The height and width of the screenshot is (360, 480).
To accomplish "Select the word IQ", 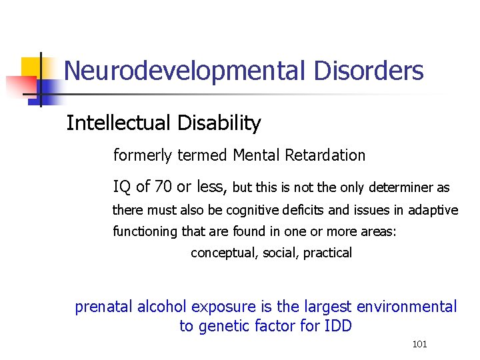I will pyautogui.click(x=122, y=187).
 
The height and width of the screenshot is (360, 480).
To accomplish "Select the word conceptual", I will pyautogui.click(x=221, y=253).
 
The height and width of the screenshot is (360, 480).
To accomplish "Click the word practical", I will pyautogui.click(x=327, y=253).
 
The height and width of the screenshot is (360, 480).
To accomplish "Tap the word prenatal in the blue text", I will pyautogui.click(x=104, y=307).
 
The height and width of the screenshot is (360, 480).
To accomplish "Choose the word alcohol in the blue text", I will pyautogui.click(x=164, y=307).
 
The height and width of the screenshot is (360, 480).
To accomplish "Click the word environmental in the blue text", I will pyautogui.click(x=407, y=307).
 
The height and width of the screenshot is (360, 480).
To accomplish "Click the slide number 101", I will pyautogui.click(x=420, y=344).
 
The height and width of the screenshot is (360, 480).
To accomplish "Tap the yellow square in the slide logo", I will pyautogui.click(x=32, y=67).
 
